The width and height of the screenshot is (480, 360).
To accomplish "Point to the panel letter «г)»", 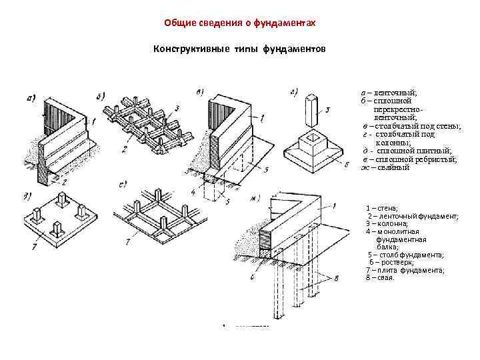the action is tap(294, 91).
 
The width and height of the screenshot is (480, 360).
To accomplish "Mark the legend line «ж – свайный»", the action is tap(385, 167).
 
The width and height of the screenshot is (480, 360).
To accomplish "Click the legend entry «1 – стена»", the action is tap(382, 209).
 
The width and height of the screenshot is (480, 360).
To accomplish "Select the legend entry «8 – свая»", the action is tap(380, 278).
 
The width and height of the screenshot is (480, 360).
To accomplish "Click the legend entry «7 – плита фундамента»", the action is tap(405, 271).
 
